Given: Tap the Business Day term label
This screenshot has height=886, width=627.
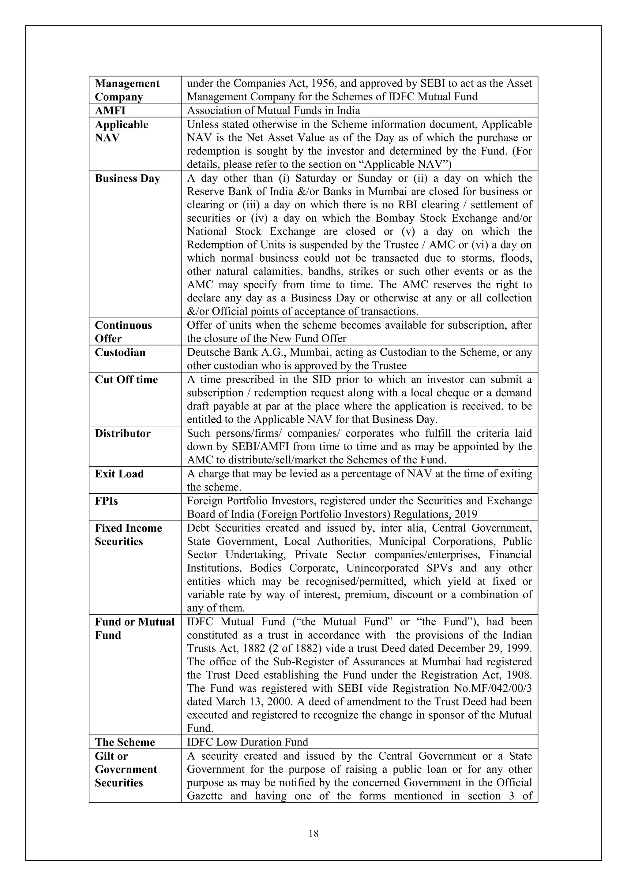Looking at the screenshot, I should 127,179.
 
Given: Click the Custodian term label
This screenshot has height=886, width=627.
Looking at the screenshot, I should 120,353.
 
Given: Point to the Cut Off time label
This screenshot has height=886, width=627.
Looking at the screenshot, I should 126,380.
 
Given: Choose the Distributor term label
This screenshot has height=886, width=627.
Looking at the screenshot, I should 122,434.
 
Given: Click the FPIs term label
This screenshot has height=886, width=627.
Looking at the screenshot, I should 107,501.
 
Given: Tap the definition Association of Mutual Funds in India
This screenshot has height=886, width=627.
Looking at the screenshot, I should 273,111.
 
